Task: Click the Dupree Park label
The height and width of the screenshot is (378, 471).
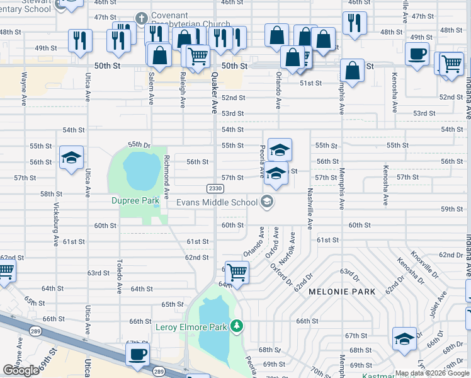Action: click(135, 201)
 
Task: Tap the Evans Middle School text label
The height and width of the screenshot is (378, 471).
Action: click(217, 202)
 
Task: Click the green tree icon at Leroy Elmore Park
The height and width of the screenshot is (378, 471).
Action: click(237, 326)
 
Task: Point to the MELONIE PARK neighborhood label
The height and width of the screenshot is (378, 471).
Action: click(341, 292)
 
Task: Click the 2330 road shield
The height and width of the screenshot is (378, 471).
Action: click(214, 188)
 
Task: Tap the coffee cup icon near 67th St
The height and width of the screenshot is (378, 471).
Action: click(137, 354)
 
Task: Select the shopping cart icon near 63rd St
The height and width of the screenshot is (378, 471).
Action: click(237, 272)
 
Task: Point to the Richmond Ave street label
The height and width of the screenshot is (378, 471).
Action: click(166, 177)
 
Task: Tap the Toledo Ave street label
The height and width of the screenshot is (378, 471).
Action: click(119, 276)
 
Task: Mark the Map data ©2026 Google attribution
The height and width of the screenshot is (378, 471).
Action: click(432, 373)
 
